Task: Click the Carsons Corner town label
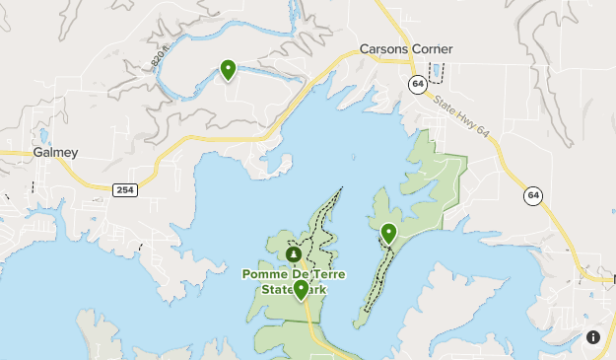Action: [x=405, y=49]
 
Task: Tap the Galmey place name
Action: [x=55, y=153]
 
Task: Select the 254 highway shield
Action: [x=124, y=189]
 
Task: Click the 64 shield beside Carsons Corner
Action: [x=419, y=85]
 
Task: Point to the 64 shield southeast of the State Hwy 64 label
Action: [x=533, y=195]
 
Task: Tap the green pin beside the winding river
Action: [x=228, y=69]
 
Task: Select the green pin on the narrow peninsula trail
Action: [x=388, y=234]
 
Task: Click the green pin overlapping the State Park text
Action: [x=301, y=290]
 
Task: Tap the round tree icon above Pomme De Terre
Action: [x=293, y=254]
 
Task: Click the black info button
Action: [x=593, y=337]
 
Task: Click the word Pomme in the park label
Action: [x=264, y=274]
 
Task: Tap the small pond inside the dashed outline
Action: [x=436, y=72]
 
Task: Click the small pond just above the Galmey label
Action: [x=43, y=136]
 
